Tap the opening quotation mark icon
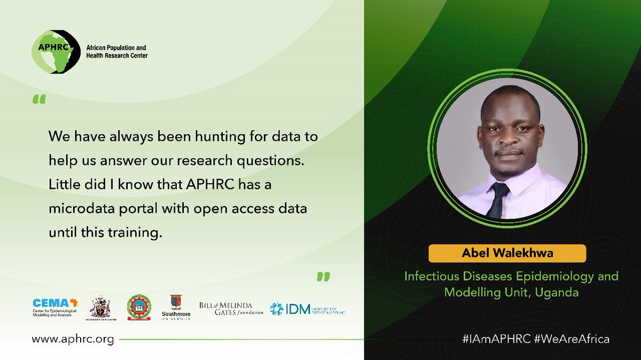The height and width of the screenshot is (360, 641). click(39, 99)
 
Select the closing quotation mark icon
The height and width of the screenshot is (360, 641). click(323, 276)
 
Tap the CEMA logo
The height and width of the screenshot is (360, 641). click(56, 308)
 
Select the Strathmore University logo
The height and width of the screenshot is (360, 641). click(176, 308)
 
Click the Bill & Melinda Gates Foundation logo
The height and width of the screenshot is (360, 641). click(231, 308)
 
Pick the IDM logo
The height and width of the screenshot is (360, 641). click(307, 309)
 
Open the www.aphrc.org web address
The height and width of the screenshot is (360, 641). click(73, 339)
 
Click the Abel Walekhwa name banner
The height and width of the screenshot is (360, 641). click(507, 253)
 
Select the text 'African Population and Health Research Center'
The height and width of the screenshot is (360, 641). click(117, 52)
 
